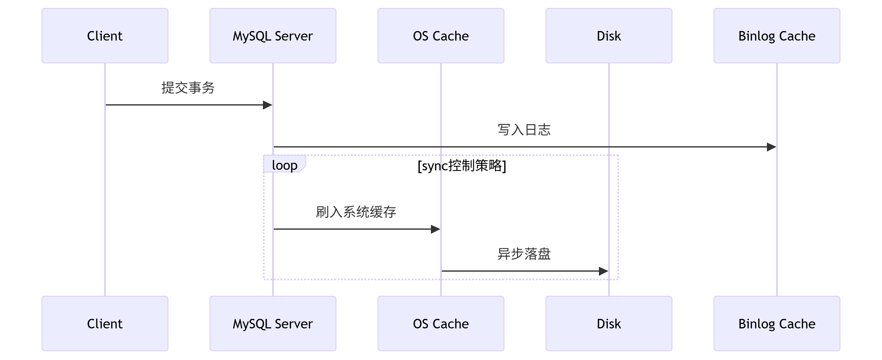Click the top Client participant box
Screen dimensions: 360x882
click(x=105, y=36)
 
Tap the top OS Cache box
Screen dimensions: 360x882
click(x=441, y=36)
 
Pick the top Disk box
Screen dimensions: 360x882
click(x=608, y=36)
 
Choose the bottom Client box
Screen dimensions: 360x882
click(x=105, y=323)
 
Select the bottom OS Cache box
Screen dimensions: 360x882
click(x=441, y=323)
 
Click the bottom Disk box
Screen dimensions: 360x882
click(x=608, y=323)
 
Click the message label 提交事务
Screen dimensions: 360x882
click(x=188, y=88)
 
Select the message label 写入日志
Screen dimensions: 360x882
click(x=524, y=130)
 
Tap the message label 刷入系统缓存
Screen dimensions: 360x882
click(x=356, y=212)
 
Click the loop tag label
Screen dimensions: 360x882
click(x=284, y=165)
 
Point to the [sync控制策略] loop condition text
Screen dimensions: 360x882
click(x=461, y=166)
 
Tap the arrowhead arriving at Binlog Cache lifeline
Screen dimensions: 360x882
click(x=771, y=147)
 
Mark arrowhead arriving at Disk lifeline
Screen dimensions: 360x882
click(x=604, y=271)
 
